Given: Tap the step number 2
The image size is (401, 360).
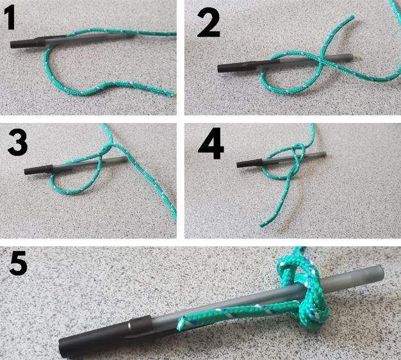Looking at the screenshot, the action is pyautogui.click(x=208, y=24).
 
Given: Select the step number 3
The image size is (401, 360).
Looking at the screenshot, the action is pyautogui.click(x=17, y=142).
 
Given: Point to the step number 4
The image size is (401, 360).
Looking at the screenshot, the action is pyautogui.click(x=211, y=143).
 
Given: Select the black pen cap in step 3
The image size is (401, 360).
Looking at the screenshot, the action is pyautogui.click(x=38, y=170).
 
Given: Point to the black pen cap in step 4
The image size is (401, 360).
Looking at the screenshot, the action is pyautogui.click(x=249, y=163).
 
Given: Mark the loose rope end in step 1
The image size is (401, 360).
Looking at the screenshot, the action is pyautogui.click(x=171, y=94).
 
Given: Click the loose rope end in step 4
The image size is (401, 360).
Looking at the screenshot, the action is pyautogui.click(x=262, y=225).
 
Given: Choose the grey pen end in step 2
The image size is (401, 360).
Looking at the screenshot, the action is pyautogui.click(x=350, y=57).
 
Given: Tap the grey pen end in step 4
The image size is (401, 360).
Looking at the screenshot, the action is pyautogui.click(x=323, y=154).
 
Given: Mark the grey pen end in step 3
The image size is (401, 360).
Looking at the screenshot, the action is pyautogui.click(x=125, y=160).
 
